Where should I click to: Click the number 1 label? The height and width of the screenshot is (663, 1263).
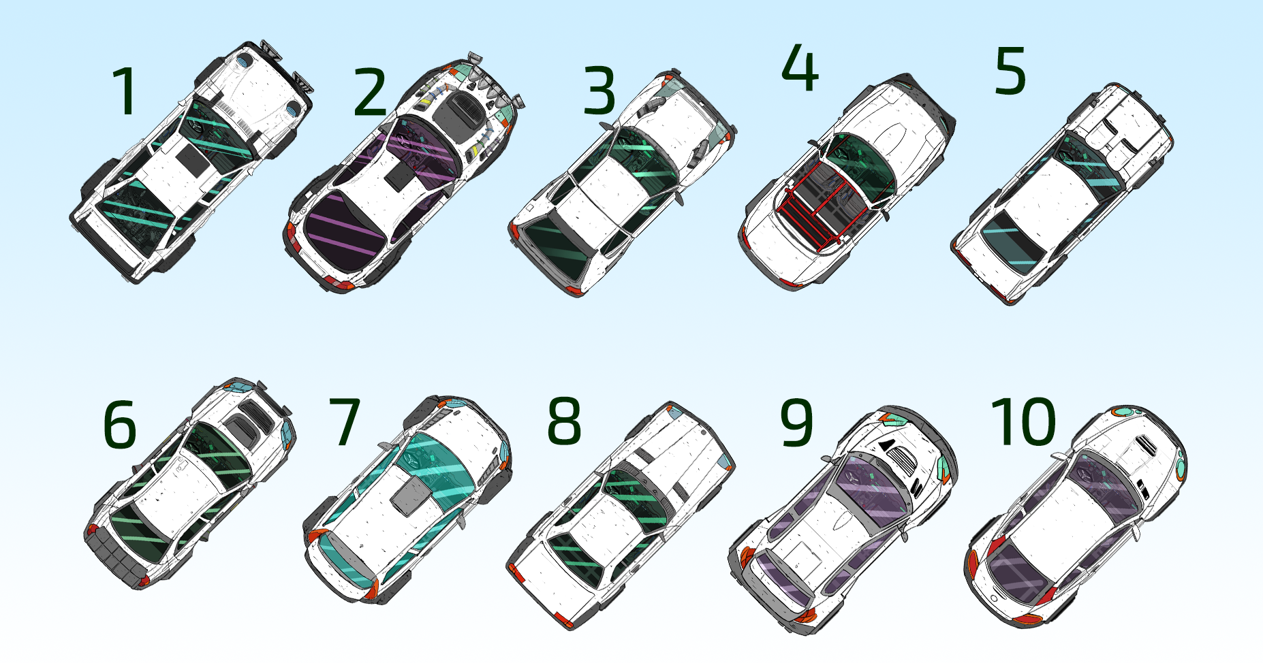pos(125,91)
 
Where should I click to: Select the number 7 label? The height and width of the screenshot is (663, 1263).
pos(344,422)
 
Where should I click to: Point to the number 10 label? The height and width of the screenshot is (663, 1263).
pos(1024,422)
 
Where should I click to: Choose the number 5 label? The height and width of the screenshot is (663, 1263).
pos(1010,71)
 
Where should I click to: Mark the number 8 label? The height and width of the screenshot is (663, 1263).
pos(565,422)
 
